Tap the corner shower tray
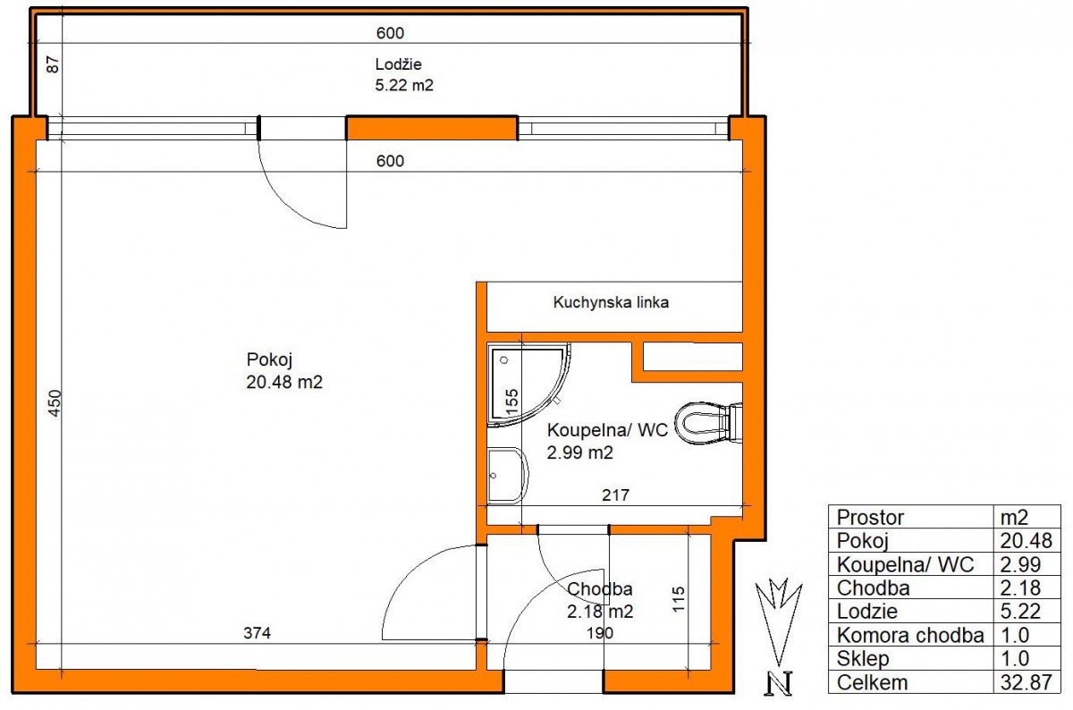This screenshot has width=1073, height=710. click(x=527, y=385)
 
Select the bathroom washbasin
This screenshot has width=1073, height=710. click(x=507, y=476)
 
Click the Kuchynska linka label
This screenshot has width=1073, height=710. click(x=611, y=302)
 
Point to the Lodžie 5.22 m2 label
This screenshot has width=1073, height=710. click(x=404, y=74)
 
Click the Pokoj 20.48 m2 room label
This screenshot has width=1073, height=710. click(x=284, y=370)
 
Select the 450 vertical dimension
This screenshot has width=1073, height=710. click(x=55, y=403)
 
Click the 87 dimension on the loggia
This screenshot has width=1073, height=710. click(x=53, y=64)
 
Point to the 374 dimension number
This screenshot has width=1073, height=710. click(x=257, y=633)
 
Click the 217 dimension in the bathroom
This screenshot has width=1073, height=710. click(x=615, y=494)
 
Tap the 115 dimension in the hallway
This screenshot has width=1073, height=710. click(x=679, y=599)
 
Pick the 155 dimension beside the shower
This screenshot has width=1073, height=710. click(x=512, y=401)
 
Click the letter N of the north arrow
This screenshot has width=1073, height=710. click(x=779, y=683)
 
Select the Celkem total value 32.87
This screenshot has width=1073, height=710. click(x=1026, y=682)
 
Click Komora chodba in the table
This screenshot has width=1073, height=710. click(x=909, y=635)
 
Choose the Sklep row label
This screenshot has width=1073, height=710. click(x=862, y=659)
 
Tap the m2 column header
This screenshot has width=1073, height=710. click(x=1014, y=518)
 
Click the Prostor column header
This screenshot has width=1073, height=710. click(x=870, y=518)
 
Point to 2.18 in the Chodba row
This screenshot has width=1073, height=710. click(x=1020, y=587)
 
